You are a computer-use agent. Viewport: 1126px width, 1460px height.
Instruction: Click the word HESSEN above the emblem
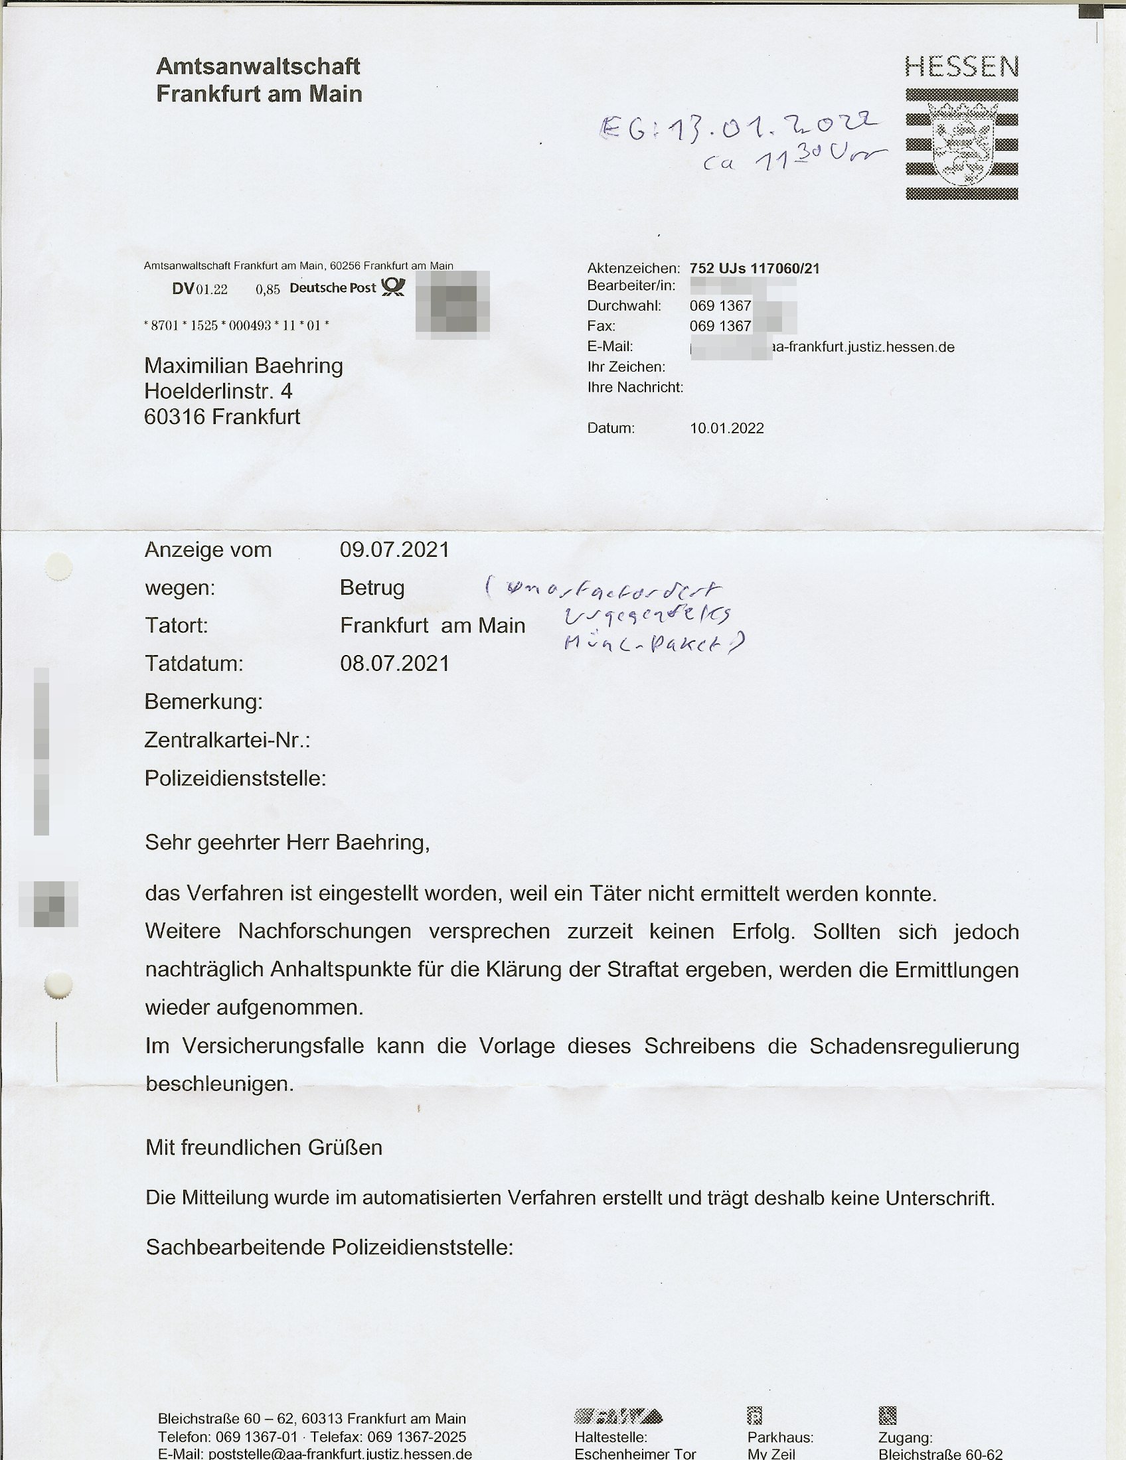pyautogui.click(x=961, y=67)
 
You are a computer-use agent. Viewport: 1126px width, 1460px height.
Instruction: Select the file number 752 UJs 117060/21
pyautogui.click(x=754, y=268)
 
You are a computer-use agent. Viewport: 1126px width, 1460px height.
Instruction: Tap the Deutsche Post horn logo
pyautogui.click(x=393, y=287)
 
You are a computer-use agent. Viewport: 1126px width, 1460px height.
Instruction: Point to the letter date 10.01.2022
pyautogui.click(x=727, y=428)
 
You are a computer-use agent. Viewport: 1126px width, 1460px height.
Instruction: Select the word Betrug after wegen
pyautogui.click(x=372, y=587)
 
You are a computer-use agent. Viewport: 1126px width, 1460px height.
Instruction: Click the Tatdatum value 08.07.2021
pyautogui.click(x=394, y=663)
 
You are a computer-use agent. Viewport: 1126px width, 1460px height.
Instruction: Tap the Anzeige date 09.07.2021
pyautogui.click(x=394, y=549)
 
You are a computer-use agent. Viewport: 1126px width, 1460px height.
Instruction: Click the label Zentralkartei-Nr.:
pyautogui.click(x=227, y=740)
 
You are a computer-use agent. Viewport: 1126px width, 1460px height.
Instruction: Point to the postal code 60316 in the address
pyautogui.click(x=175, y=417)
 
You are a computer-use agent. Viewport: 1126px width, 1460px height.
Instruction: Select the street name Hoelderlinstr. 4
pyautogui.click(x=218, y=391)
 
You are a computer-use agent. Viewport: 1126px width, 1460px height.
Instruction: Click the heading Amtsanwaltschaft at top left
pyautogui.click(x=258, y=66)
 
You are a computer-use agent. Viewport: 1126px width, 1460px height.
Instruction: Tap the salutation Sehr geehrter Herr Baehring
pyautogui.click(x=287, y=842)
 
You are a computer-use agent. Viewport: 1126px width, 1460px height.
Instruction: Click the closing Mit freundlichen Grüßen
pyautogui.click(x=264, y=1147)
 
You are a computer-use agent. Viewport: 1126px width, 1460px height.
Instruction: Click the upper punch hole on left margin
pyautogui.click(x=58, y=567)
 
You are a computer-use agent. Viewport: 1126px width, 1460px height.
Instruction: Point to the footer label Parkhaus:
pyautogui.click(x=780, y=1437)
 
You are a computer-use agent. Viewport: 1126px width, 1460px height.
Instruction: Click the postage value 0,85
pyautogui.click(x=268, y=289)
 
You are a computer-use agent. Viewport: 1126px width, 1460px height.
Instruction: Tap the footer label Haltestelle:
pyautogui.click(x=611, y=1437)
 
